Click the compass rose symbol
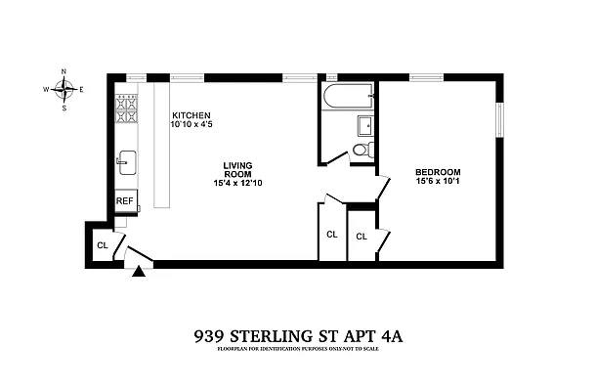click(x=64, y=89)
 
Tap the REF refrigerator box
click(x=124, y=200)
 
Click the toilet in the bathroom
click(x=361, y=150)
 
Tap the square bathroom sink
click(x=365, y=125)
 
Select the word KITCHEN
click(x=191, y=115)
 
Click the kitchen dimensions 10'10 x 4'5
click(x=192, y=125)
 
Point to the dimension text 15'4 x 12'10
click(x=238, y=184)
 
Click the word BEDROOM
click(x=437, y=169)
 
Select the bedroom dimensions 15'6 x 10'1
click(x=437, y=179)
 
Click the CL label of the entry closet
click(x=101, y=244)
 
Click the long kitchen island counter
click(x=160, y=147)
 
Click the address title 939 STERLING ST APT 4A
click(x=298, y=335)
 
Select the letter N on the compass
click(x=64, y=71)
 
